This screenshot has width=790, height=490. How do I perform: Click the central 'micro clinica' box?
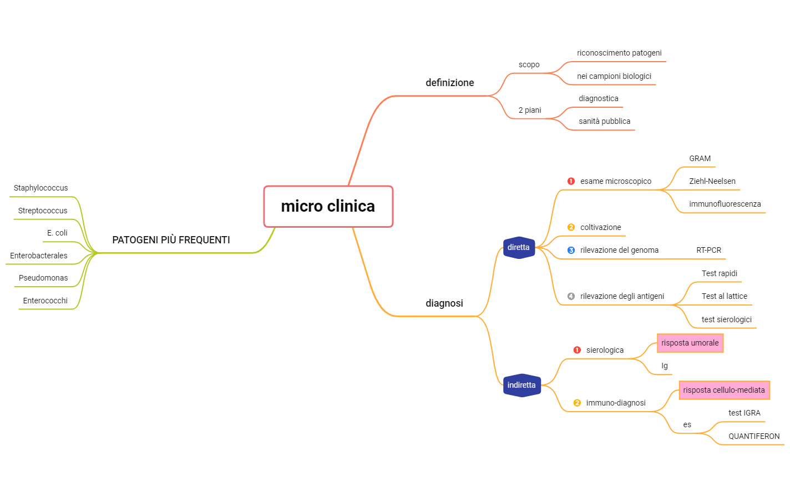[328, 206]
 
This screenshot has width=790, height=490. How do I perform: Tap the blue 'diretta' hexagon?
[518, 247]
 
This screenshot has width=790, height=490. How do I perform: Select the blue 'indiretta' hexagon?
[521, 385]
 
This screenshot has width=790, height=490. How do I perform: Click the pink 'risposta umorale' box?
[690, 343]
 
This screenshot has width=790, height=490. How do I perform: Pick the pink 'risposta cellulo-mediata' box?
[724, 390]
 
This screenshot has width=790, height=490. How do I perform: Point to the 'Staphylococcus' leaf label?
[40, 188]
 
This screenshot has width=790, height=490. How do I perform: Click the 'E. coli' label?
[57, 233]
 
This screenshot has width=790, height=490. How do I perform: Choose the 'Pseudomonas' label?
[43, 278]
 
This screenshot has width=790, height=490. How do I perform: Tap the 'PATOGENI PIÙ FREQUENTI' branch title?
[171, 240]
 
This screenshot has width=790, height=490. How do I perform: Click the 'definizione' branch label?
[450, 83]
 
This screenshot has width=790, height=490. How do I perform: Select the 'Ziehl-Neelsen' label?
[712, 181]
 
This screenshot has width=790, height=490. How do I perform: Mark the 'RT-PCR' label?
[709, 250]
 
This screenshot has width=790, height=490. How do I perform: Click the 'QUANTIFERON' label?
[754, 436]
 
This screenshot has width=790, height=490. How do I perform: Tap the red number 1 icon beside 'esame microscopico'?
[571, 181]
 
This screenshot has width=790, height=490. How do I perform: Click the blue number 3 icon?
[571, 250]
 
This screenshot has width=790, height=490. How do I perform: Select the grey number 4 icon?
[571, 296]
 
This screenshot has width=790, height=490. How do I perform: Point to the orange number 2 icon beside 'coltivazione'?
[571, 227]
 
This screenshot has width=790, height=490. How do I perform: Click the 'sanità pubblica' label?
[605, 121]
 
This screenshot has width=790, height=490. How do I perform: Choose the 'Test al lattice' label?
[725, 296]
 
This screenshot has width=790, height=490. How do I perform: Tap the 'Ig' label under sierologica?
[665, 366]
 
